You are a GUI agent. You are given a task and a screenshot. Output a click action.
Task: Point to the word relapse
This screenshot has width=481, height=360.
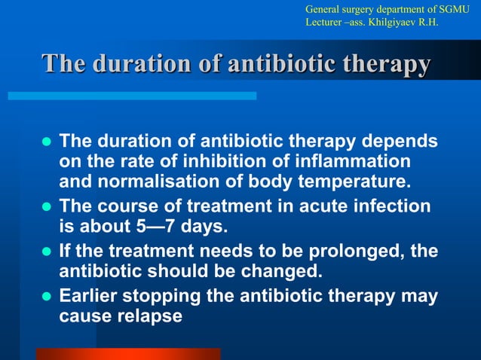point(150,316)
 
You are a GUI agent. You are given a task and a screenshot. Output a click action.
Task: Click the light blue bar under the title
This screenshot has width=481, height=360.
point(132,96)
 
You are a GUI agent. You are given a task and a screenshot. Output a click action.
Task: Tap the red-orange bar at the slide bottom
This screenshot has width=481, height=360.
point(128,354)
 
